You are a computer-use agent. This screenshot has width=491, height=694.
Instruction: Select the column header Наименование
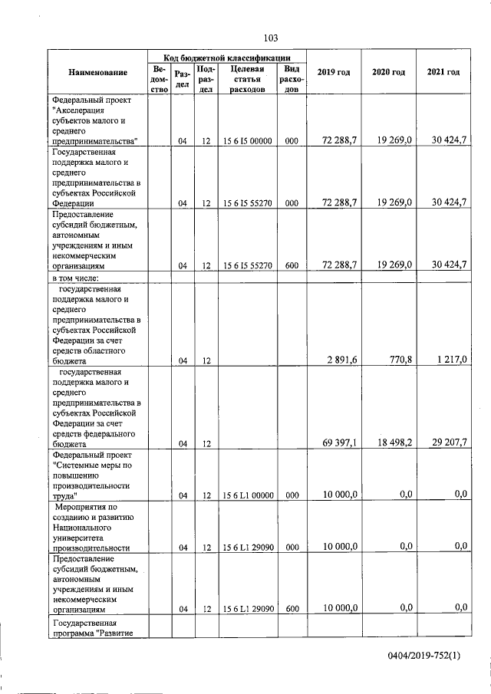click(x=97, y=72)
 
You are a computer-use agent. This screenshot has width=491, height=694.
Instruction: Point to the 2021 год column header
click(x=443, y=72)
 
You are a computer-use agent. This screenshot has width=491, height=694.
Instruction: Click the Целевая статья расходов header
click(x=246, y=79)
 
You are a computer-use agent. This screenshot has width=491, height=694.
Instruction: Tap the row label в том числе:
click(x=82, y=277)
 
